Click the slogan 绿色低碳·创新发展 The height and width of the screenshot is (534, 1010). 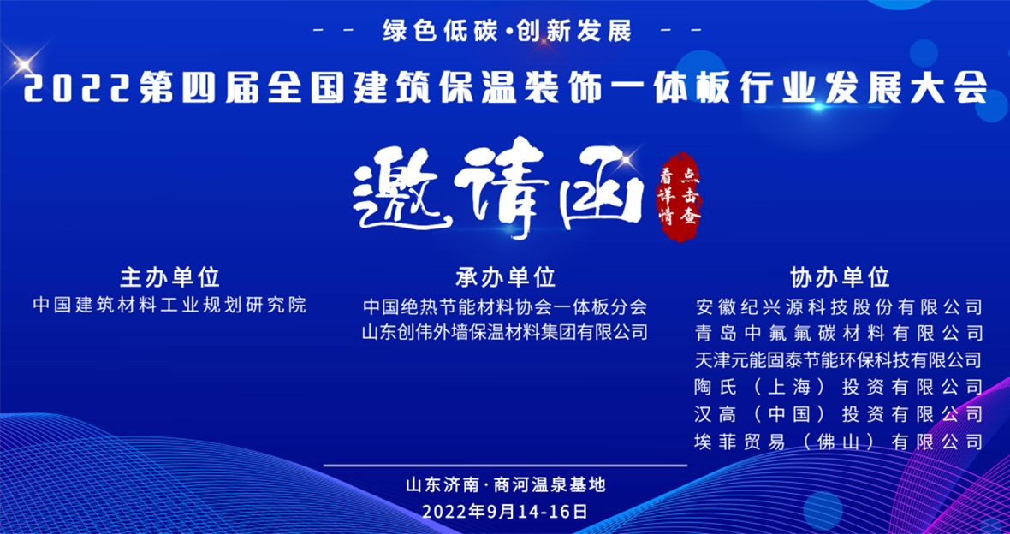(x=507, y=31)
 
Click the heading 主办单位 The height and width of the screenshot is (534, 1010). (x=170, y=277)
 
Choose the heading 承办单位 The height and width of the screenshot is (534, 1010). (x=506, y=277)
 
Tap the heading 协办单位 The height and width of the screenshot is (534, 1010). (x=840, y=277)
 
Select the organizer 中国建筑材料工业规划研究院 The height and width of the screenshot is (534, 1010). (x=170, y=305)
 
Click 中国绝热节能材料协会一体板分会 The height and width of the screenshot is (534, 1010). (x=505, y=305)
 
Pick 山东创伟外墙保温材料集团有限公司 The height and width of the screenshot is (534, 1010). (x=505, y=332)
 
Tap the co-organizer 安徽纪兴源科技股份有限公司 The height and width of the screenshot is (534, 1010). (x=840, y=306)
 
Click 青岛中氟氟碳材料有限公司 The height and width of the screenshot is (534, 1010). (x=840, y=332)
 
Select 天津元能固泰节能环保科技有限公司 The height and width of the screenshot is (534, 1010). (x=840, y=359)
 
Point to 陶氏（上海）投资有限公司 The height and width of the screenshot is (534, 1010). (x=840, y=387)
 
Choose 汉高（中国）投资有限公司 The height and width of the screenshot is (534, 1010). (x=840, y=413)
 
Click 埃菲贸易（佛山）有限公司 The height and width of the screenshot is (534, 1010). (x=840, y=442)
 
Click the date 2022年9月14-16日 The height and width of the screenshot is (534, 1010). (x=506, y=512)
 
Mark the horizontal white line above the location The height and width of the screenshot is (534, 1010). (x=506, y=465)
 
